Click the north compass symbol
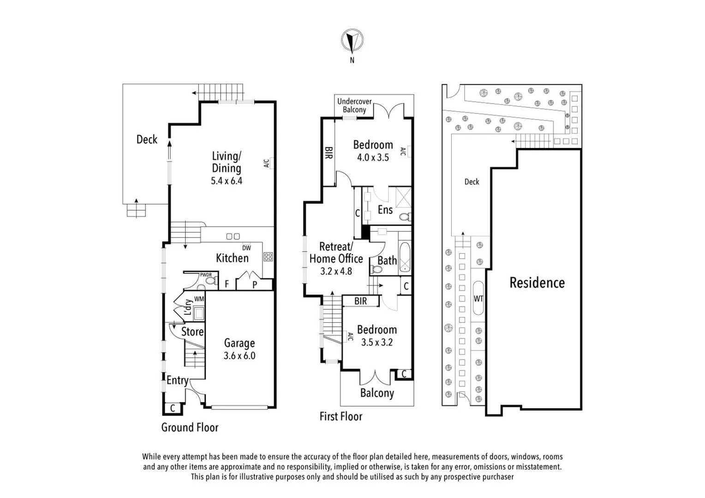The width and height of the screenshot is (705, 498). coord(352,41)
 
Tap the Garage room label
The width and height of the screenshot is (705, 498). coord(239,343)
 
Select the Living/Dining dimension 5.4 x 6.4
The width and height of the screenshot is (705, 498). coord(226,181)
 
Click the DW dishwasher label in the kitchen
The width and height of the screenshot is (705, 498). coord(246,248)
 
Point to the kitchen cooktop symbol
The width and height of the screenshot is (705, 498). coord(268,257)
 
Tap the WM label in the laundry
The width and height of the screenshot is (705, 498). coord(199,299)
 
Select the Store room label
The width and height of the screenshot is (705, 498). coord(192,332)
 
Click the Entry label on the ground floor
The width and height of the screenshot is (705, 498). coord(177,380)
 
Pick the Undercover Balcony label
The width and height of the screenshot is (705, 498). coord(354,106)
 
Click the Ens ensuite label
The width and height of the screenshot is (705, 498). coord(385,210)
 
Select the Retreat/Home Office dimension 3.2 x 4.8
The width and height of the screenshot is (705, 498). coord(336,271)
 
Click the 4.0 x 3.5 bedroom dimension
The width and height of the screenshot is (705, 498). coord(373,157)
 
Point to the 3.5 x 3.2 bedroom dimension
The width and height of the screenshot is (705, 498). coord(377,342)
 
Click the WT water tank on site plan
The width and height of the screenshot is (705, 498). coord(478,298)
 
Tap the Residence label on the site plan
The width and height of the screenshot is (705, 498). coord(537,283)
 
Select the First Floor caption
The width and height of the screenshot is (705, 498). coord(341,416)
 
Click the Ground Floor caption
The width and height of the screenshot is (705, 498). coord(190,427)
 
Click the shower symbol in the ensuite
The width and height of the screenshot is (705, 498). coord(403,198)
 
